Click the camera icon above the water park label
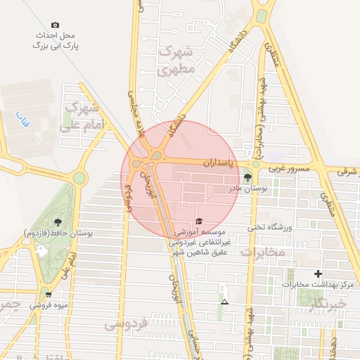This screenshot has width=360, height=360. (x=56, y=25)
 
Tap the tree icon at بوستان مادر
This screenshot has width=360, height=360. (x=247, y=177)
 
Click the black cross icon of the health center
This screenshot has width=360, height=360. (x=319, y=274)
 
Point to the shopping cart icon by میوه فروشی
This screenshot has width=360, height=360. (x=48, y=294)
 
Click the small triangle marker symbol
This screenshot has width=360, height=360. (x=224, y=302)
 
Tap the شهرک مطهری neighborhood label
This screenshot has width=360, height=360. (x=176, y=60)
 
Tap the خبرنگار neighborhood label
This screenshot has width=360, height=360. (x=328, y=302)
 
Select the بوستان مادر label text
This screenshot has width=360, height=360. (x=245, y=188)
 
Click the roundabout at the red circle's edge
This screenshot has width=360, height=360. (x=155, y=155)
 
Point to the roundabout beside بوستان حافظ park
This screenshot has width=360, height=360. (x=79, y=178)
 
